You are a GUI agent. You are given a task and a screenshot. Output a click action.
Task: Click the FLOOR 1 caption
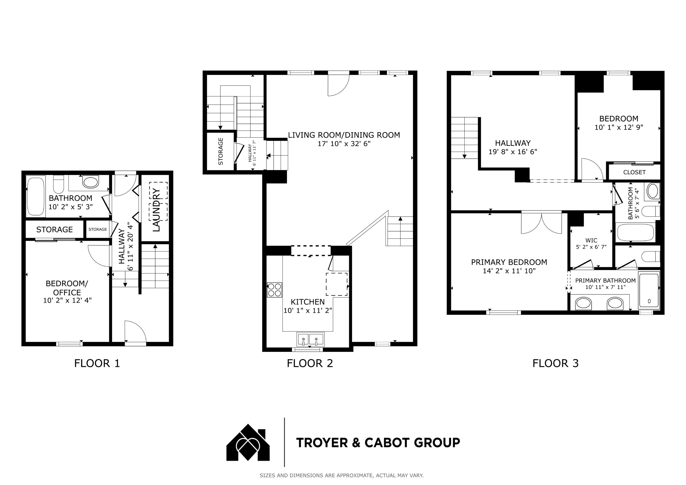coord(97,363)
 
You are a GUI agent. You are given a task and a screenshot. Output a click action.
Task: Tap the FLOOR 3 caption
coord(555,363)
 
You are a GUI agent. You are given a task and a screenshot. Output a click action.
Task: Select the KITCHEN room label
coord(308,302)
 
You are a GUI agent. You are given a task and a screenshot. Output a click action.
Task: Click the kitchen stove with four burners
coord(274,290)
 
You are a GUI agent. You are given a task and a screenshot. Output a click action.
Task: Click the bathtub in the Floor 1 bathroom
coord(36,196)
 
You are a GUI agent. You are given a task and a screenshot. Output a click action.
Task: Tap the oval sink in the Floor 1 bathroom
coord(90,182)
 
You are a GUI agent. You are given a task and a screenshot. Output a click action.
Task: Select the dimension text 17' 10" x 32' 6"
coord(344,144)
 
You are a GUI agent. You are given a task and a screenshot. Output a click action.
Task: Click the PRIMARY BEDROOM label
coord(509,262)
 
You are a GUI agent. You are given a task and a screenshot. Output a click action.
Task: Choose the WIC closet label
coord(591,240)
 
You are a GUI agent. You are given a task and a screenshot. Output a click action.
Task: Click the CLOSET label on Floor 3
coord(634,172)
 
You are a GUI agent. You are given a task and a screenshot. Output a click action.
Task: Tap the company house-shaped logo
coord(248,442)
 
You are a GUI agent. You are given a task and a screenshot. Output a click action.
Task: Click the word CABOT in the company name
coord(389,443)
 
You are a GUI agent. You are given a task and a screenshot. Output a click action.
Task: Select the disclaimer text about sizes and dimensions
coord(341,475)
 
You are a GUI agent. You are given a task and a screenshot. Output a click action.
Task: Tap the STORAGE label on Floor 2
coord(221,151)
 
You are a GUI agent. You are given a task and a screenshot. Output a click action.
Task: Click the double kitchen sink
coord(310,339)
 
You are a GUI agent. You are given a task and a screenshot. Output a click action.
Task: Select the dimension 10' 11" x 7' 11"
coord(605,287)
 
